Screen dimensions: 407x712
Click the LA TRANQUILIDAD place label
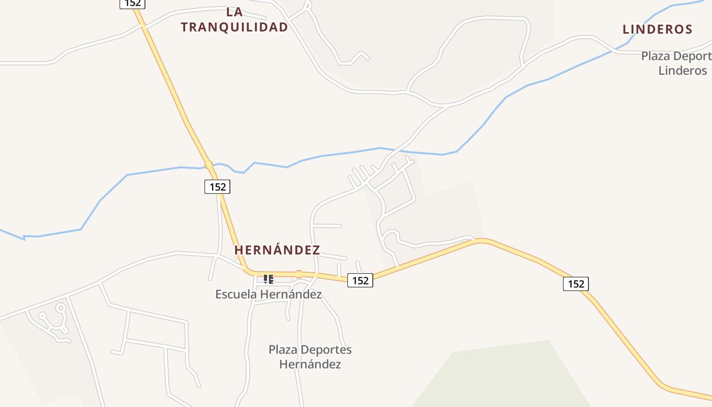(x=234, y=20)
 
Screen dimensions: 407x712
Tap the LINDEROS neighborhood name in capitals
(x=658, y=30)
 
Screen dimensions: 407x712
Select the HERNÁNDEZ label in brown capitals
(x=277, y=250)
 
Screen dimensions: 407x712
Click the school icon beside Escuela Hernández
(x=269, y=279)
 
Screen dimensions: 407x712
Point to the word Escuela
(x=236, y=294)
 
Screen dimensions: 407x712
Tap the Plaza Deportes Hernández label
(x=310, y=357)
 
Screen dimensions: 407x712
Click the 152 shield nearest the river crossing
(x=218, y=187)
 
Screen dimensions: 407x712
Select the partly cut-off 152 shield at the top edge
(x=133, y=3)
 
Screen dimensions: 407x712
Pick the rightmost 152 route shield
(x=576, y=284)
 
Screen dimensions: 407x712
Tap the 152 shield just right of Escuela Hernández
(x=360, y=280)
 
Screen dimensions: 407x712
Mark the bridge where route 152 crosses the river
(x=209, y=165)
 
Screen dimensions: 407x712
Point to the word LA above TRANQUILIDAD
(x=234, y=12)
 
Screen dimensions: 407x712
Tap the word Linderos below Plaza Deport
(x=683, y=71)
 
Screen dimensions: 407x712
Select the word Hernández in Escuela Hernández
(x=290, y=294)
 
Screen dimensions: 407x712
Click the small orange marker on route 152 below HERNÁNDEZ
(x=299, y=274)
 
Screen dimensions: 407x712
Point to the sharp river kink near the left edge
(x=24, y=237)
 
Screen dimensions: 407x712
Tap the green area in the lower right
(x=509, y=376)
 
